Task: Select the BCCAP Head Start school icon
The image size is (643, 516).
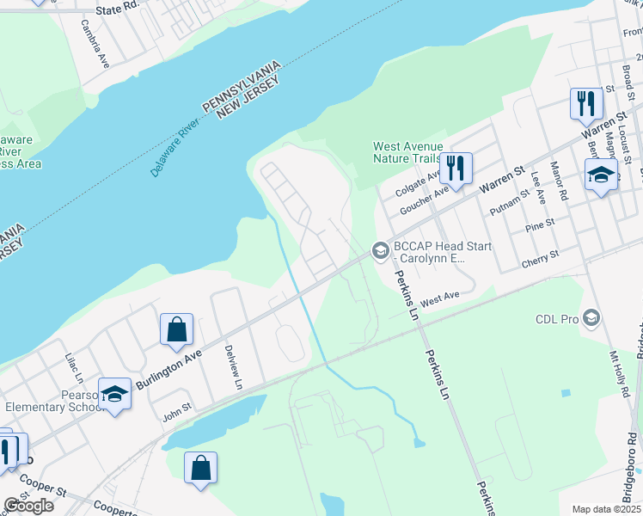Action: (379, 251)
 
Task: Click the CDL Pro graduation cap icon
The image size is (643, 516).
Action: (591, 318)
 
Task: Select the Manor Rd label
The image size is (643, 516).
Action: (559, 181)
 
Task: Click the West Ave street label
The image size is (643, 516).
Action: (441, 297)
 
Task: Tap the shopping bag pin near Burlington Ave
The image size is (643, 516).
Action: (176, 329)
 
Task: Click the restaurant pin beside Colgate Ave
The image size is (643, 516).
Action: (456, 168)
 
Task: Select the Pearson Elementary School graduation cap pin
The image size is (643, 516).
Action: (114, 395)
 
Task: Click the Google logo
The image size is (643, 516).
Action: (28, 506)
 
